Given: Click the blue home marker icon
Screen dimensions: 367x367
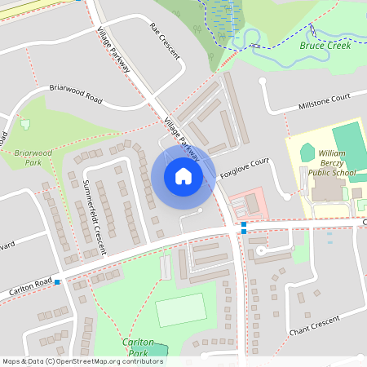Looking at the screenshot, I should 183,176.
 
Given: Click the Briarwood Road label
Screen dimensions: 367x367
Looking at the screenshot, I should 75,92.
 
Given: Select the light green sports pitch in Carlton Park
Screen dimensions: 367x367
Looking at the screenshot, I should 180,311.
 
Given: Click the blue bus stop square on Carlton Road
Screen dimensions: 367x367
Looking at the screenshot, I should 57,282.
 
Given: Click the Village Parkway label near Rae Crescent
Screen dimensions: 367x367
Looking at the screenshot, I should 113,51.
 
